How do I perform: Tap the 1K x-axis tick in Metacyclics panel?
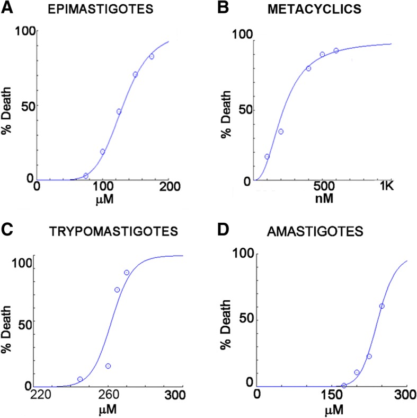[x=389, y=186]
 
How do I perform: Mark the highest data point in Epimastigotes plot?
[x=152, y=57]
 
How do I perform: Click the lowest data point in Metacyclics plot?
[x=267, y=156]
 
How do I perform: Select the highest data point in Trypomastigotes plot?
[x=127, y=273]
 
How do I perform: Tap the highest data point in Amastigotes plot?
[x=382, y=306]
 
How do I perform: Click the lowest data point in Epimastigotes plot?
[x=86, y=176]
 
